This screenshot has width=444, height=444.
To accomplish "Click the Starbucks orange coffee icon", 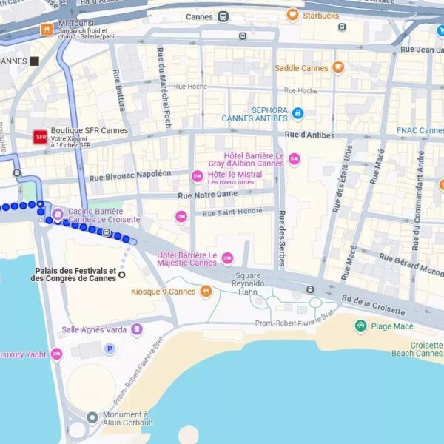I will (293, 15).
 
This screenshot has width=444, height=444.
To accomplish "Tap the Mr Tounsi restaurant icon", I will (47, 30).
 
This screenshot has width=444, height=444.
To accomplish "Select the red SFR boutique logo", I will (40, 137).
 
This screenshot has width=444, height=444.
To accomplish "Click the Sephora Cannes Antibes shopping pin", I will (297, 113).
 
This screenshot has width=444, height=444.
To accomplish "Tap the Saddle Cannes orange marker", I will (338, 67).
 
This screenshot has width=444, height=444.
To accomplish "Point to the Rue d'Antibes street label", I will (309, 135).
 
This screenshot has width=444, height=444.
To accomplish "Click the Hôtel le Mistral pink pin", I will (197, 176).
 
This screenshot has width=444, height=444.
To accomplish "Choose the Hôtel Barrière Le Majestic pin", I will (227, 258).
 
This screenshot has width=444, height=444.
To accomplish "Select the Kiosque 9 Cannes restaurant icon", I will (206, 292).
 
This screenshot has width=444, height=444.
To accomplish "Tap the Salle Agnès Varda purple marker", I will (136, 329).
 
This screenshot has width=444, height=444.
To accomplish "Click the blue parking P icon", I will (110, 349).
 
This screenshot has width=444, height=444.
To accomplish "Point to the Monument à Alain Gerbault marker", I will (92, 417).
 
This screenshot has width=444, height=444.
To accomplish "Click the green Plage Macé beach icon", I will (360, 326).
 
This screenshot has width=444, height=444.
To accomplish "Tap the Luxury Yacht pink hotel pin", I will (56, 354).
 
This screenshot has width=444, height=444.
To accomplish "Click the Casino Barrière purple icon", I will (58, 215).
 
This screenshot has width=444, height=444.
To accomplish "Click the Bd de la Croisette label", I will (373, 306).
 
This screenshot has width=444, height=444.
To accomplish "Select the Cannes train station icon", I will (223, 16).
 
